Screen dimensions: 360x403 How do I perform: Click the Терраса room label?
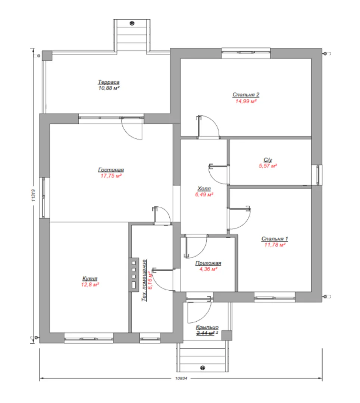109,82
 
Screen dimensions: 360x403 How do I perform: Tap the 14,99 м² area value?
246,101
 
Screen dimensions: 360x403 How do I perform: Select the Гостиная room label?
111,170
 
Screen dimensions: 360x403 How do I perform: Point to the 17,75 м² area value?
111,176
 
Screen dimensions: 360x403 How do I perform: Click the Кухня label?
90,279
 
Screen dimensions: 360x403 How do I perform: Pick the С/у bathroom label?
268,160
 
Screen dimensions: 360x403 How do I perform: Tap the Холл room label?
204,189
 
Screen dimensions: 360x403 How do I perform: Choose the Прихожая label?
208,263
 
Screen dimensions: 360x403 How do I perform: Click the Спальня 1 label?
275,239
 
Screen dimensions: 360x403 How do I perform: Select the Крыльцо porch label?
207,327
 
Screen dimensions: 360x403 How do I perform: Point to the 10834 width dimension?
181,378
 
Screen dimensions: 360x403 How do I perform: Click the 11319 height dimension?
34,195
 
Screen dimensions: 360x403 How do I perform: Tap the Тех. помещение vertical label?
144,280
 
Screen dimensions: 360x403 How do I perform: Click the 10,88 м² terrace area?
109,88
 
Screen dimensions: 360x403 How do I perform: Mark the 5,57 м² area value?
268,166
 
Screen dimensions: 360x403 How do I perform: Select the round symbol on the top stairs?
132,24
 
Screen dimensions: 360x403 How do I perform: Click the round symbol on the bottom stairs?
203,368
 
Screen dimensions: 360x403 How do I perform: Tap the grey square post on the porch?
227,335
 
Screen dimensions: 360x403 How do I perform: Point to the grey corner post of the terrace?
47,56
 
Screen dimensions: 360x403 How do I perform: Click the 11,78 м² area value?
275,245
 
